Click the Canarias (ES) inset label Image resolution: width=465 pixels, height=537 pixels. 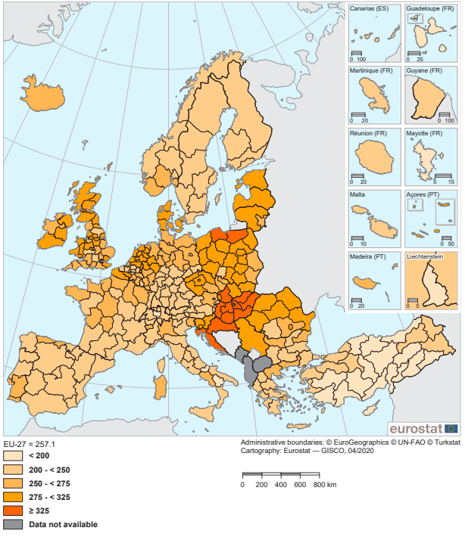[x=369, y=9]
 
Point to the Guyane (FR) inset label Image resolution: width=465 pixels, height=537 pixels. [x=424, y=70]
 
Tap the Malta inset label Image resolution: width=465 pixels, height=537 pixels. [x=357, y=194]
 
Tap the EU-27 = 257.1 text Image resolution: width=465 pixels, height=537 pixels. [x=30, y=443]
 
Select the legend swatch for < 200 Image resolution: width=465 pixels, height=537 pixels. [x=14, y=456]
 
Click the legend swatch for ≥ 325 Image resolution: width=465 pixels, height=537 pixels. [x=14, y=511]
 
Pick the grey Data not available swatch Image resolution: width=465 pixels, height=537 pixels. [x=14, y=524]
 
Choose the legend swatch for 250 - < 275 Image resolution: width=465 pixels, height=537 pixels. [x=14, y=483]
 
